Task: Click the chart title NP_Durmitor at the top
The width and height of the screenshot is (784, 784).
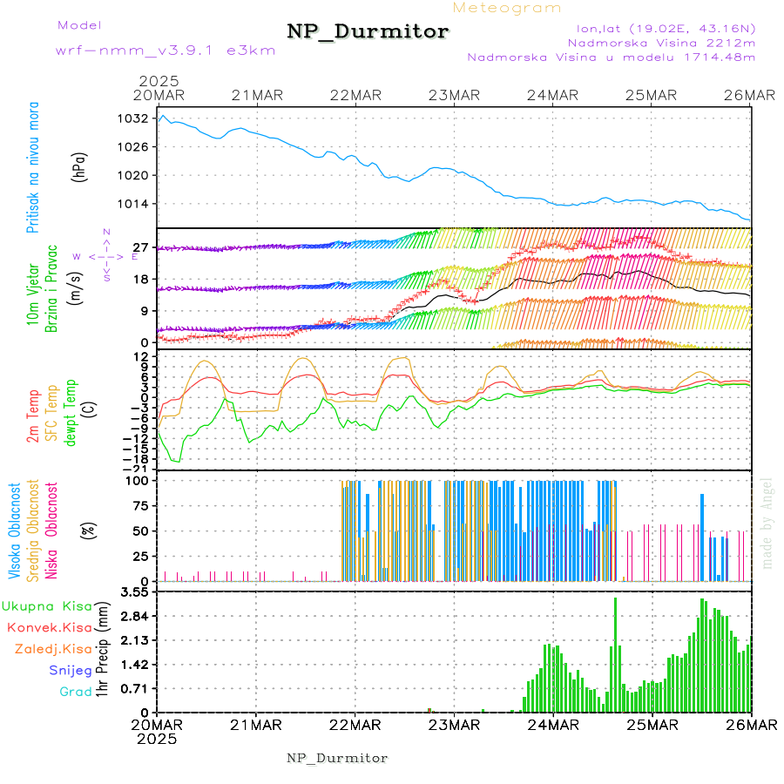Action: click(368, 32)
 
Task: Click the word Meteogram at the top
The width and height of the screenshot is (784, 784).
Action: click(507, 8)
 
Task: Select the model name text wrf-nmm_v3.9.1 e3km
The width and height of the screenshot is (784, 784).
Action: click(165, 51)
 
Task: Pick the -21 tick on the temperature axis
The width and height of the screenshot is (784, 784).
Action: click(138, 468)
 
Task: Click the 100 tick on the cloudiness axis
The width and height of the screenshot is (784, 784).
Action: click(139, 480)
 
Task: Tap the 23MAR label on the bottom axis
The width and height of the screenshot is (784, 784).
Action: click(454, 725)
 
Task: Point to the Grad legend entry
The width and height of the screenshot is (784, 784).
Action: click(75, 692)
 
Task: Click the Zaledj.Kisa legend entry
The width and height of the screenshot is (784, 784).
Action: click(53, 649)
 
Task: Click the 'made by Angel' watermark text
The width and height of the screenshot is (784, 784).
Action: click(767, 523)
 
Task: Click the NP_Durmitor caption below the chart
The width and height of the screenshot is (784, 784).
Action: click(337, 758)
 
